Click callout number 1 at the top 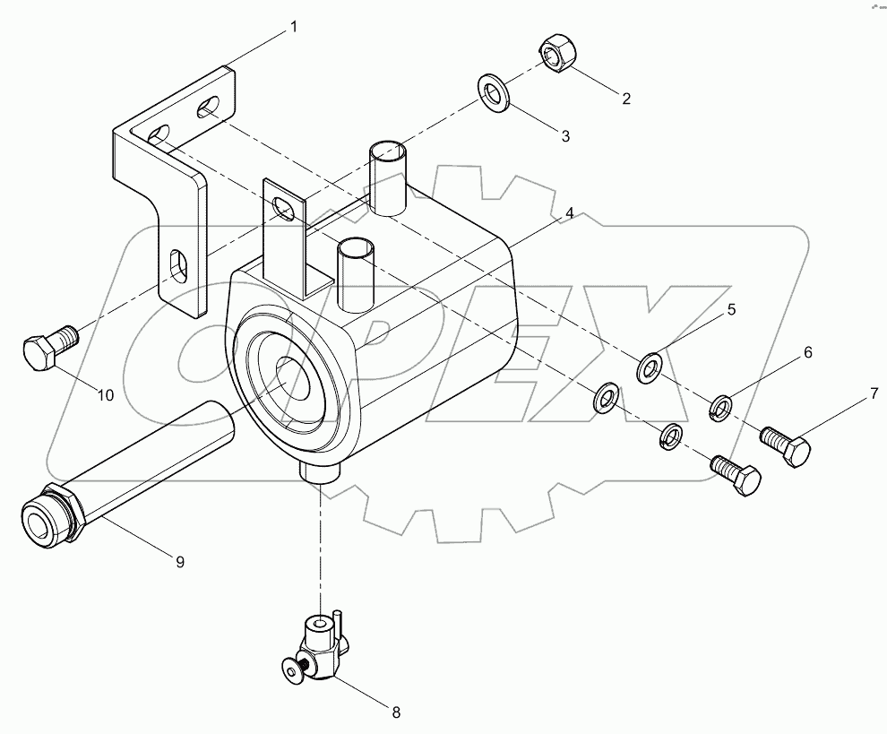tap(292, 28)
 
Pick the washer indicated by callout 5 tap(650, 367)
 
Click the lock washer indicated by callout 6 tap(721, 409)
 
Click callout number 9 tap(179, 562)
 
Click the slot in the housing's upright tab tap(285, 209)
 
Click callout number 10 tap(105, 394)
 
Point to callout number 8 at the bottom tap(395, 712)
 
